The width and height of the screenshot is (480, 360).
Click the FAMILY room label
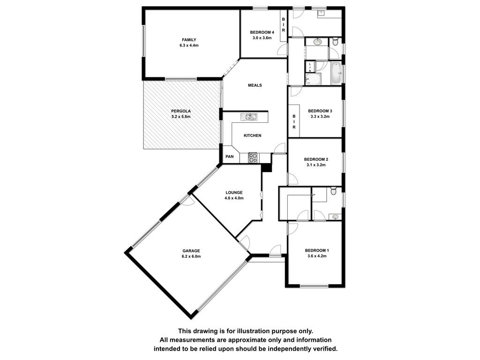click(189, 40)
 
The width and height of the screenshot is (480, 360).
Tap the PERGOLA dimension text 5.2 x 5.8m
click(181, 117)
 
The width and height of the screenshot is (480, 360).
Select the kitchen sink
click(249, 117)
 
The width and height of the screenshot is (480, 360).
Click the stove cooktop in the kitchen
click(253, 157)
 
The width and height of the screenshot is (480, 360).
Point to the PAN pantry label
click(230, 157)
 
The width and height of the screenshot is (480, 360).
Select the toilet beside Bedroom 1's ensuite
click(334, 191)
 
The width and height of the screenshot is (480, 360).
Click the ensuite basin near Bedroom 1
click(335, 217)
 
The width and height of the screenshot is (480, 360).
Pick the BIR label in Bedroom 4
click(284, 25)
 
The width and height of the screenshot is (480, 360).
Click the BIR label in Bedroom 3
click(294, 122)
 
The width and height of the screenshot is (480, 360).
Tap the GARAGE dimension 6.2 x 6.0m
click(191, 256)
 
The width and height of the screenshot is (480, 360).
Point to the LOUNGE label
click(234, 193)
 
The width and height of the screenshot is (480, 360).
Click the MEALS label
click(255, 85)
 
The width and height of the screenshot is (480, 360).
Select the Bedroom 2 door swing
click(292, 179)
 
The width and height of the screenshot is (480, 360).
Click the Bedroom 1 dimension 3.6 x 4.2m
click(317, 256)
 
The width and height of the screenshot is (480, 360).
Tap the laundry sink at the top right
click(321, 13)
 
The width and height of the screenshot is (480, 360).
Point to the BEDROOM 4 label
click(262, 32)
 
